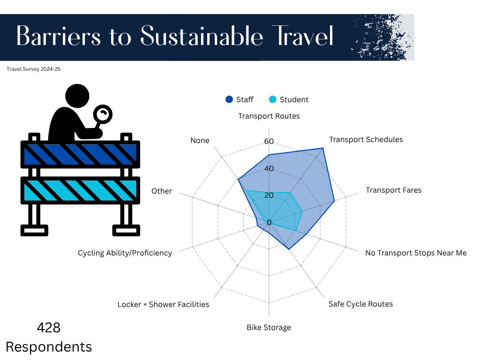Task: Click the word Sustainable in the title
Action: [x=202, y=36]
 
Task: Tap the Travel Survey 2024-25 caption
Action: [x=33, y=69]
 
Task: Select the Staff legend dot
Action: [x=229, y=99]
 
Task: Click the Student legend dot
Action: [x=272, y=99]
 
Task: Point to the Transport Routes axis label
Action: [x=269, y=116]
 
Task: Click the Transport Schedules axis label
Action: [x=366, y=140]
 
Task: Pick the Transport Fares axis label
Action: [x=394, y=190]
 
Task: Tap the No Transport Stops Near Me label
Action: [x=416, y=253]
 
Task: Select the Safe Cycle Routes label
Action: [x=360, y=304]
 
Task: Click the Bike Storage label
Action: [x=269, y=328]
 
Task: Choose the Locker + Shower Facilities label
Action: [x=163, y=305]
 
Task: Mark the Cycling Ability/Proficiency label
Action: [x=125, y=253]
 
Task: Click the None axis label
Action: [x=200, y=141]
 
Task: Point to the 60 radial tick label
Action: [x=269, y=142]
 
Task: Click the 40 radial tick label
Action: [x=269, y=168]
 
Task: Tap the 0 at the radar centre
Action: [x=269, y=222]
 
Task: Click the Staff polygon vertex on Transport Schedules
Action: [x=322, y=148]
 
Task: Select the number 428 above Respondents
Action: [x=49, y=328]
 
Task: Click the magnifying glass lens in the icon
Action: [x=103, y=114]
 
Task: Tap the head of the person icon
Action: [x=77, y=96]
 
